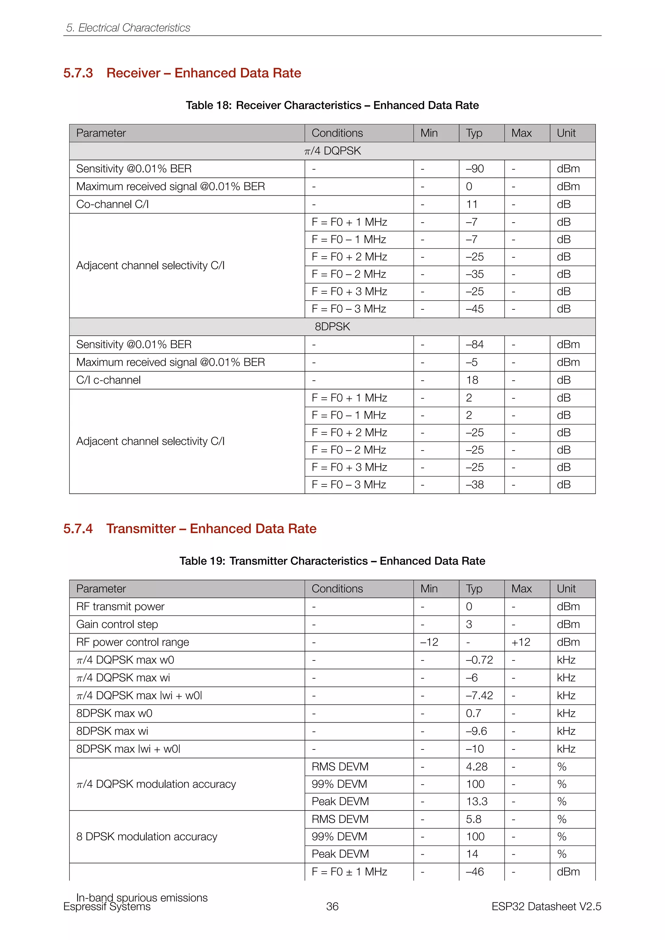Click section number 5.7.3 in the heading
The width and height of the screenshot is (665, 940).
point(78,73)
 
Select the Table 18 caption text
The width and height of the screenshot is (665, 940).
point(332,105)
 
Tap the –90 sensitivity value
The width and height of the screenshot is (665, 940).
point(475,169)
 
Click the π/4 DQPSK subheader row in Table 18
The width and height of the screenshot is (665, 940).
point(332,151)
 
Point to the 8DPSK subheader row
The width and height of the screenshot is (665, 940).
point(332,327)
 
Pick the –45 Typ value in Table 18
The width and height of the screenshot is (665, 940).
point(475,309)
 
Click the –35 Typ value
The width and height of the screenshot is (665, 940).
point(475,274)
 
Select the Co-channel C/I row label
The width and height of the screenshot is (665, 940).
point(112,204)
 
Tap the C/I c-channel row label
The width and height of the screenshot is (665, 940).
point(108,380)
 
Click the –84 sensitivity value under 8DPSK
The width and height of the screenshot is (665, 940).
point(475,345)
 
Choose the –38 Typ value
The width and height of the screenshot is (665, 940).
point(475,485)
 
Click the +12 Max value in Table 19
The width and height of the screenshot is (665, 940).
point(521,642)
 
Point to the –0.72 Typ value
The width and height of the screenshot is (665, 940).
point(479,660)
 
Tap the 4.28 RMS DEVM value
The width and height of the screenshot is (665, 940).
point(477,767)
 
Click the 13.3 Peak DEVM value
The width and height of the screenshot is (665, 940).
point(477,802)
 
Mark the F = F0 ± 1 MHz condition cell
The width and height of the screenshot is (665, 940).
point(349,872)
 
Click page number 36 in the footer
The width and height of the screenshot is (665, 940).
point(332,907)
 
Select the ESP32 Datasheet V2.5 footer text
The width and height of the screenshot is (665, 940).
point(546,907)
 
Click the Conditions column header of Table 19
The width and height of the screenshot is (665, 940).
point(337,589)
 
